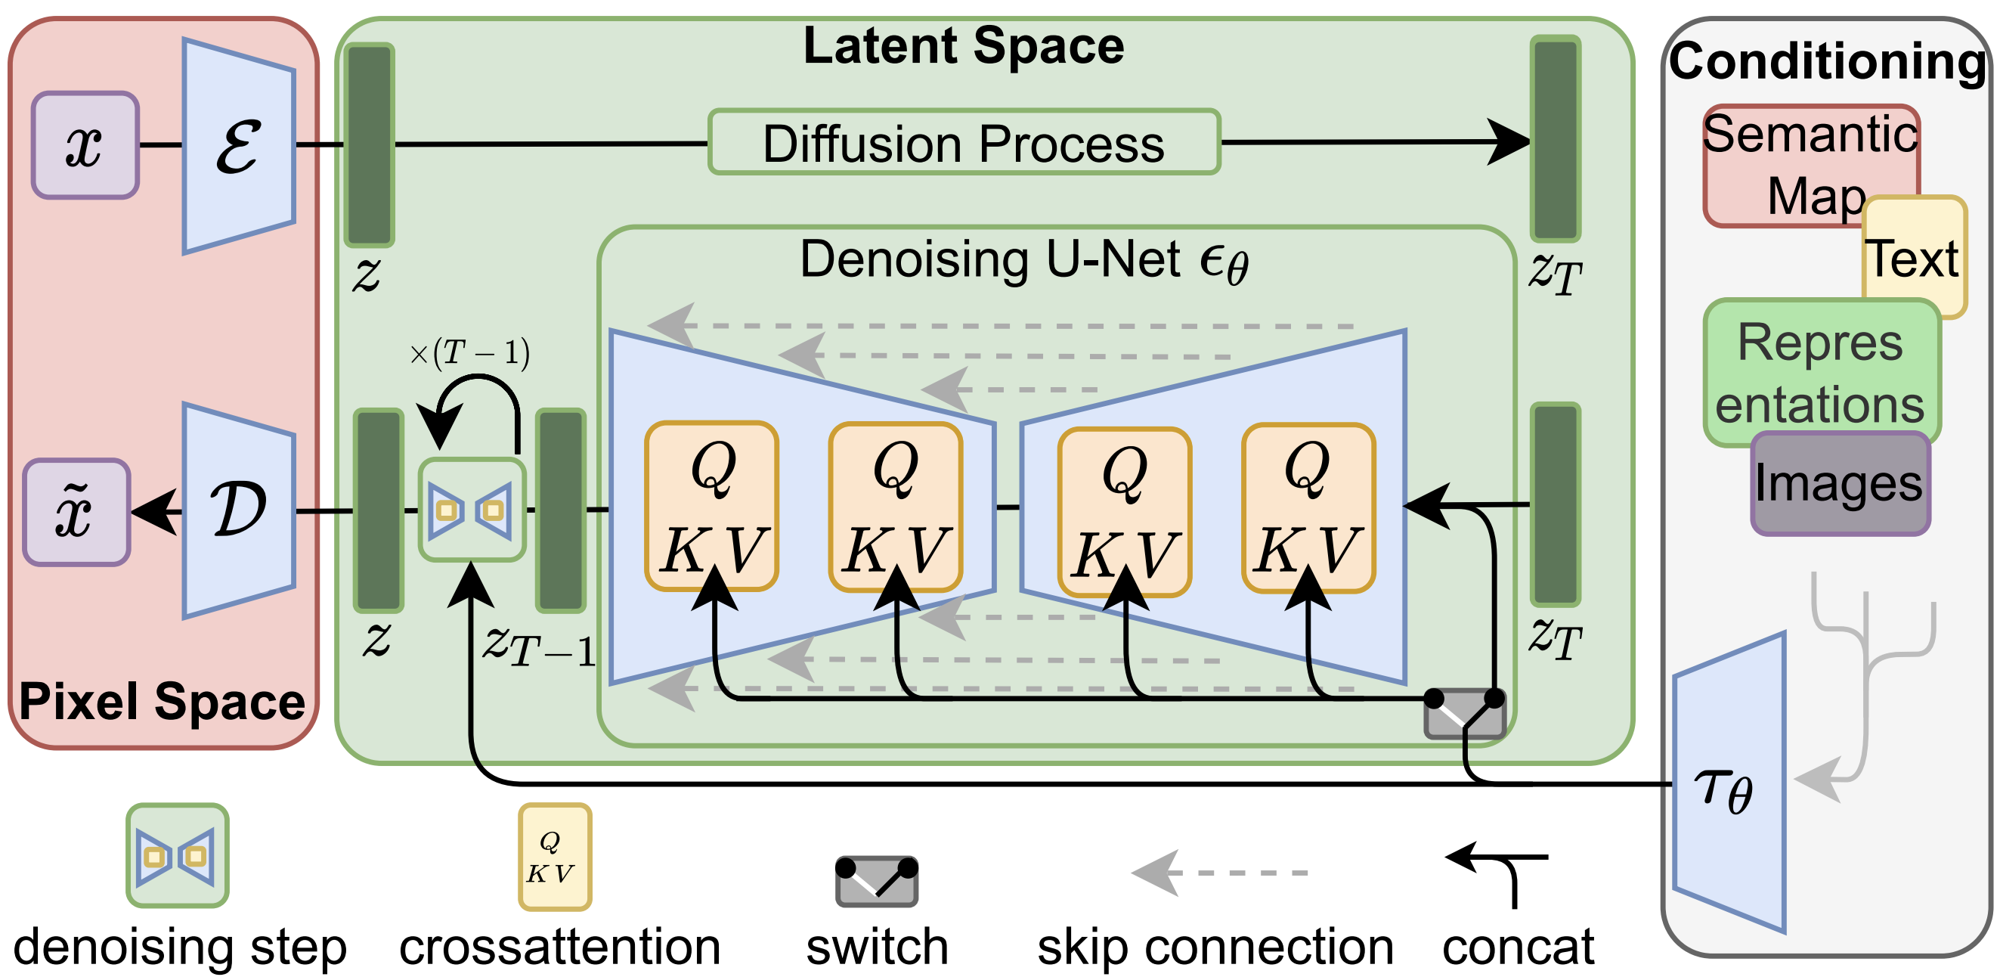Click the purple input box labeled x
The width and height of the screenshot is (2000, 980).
click(x=85, y=145)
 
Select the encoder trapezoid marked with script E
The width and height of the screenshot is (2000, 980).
click(x=238, y=146)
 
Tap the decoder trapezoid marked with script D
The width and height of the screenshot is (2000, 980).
click(x=238, y=510)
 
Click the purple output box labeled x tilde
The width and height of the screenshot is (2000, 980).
click(x=76, y=512)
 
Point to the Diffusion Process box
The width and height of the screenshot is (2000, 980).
click(x=964, y=142)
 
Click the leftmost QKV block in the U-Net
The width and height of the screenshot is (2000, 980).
click(x=712, y=507)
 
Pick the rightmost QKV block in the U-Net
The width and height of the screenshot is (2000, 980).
click(x=1308, y=508)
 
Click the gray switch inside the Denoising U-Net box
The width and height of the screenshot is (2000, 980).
click(x=1464, y=713)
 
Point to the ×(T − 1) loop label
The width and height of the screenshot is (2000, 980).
click(x=469, y=353)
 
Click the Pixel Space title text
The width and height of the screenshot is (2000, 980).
click(x=162, y=701)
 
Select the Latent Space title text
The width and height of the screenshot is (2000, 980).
click(x=963, y=46)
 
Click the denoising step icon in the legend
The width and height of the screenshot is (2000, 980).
click(x=177, y=856)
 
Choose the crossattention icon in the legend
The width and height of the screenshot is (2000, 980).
click(x=554, y=857)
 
